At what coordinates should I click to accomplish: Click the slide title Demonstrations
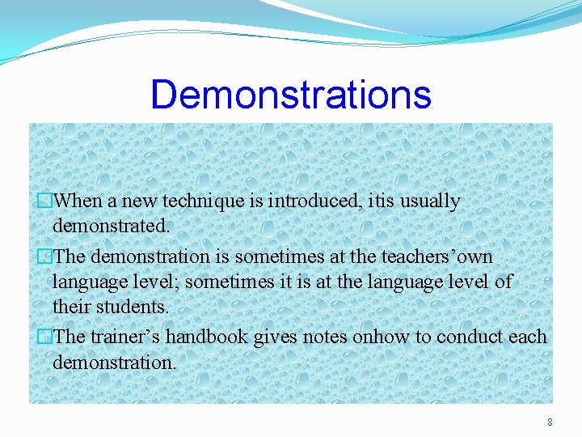[x=291, y=94]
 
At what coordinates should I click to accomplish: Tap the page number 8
[x=550, y=422]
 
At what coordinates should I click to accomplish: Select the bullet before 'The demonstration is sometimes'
[x=46, y=257]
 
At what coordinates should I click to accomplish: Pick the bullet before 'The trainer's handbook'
[x=46, y=337]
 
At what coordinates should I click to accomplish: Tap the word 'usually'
[x=431, y=201]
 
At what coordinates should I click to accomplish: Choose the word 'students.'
[x=133, y=307]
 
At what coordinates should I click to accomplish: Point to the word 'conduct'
[x=472, y=337]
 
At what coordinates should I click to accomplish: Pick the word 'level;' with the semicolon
[x=164, y=282]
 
